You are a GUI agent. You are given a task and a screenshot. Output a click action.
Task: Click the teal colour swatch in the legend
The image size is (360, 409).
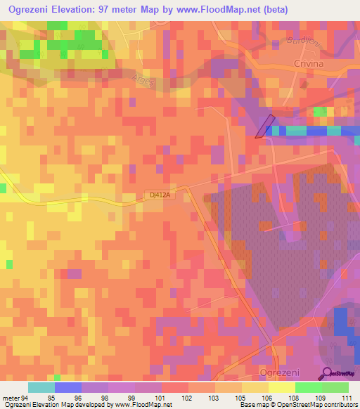point(41,387)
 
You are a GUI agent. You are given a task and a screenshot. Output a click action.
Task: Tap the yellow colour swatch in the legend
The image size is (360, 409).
point(281,387)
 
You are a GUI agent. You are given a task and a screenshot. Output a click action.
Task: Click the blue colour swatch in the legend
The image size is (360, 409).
point(68,387)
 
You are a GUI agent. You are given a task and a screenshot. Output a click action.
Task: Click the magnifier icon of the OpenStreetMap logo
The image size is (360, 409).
point(327,373)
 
